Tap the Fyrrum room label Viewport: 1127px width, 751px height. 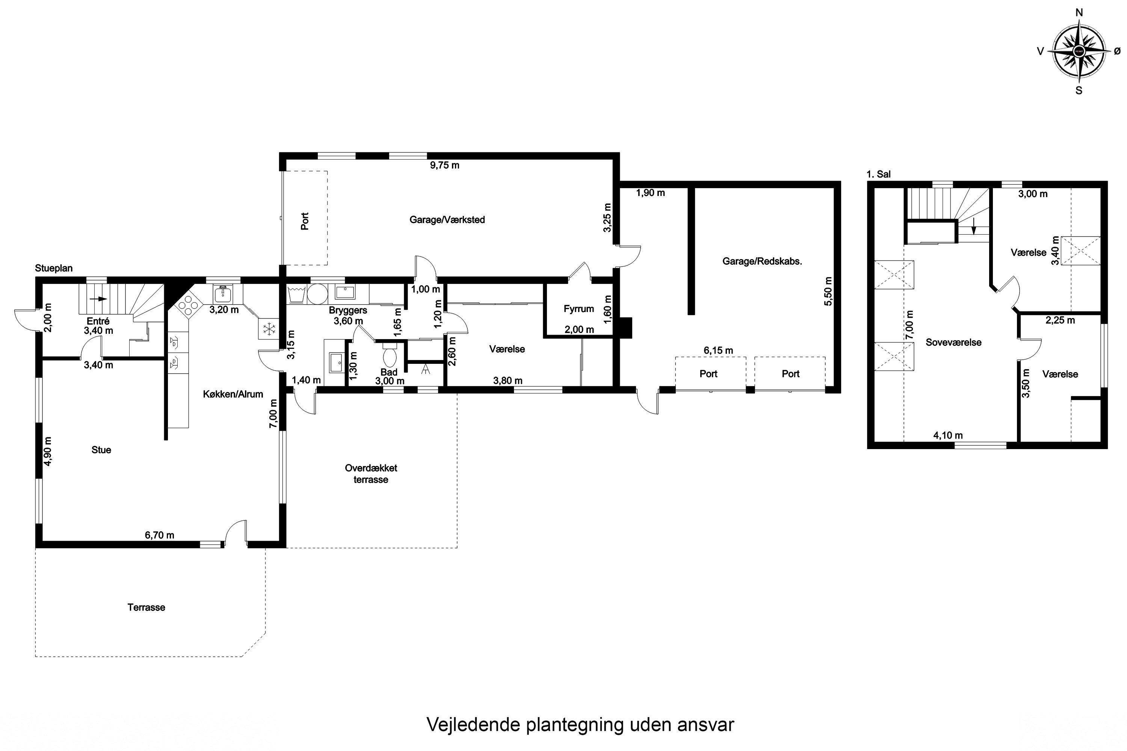coord(579,309)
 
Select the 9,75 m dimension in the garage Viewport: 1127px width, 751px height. coord(445,165)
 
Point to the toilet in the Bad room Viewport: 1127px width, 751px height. coord(390,355)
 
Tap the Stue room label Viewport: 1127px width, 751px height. coord(101,450)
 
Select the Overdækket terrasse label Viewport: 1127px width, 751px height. coord(371,474)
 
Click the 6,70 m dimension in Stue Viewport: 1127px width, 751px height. coord(160,535)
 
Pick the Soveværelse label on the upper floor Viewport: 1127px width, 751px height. coord(953,342)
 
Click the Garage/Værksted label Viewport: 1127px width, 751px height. coord(447,220)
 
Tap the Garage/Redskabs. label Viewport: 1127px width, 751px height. coord(762,261)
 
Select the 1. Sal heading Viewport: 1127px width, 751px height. coord(879,174)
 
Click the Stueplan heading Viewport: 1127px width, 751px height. coord(54,268)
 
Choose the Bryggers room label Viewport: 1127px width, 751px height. coord(348,311)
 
